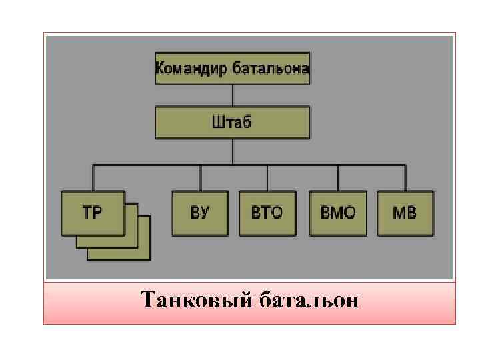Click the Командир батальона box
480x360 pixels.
click(x=232, y=68)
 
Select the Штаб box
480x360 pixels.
click(x=232, y=122)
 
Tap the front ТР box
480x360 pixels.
click(x=93, y=213)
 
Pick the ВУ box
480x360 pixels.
click(x=200, y=213)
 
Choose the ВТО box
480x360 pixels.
click(x=267, y=213)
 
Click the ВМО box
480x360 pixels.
click(x=338, y=213)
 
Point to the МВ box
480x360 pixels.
click(x=405, y=213)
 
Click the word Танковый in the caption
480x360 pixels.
click(x=195, y=301)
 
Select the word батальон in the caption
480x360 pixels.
click(x=307, y=301)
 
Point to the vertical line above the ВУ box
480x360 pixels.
click(x=200, y=177)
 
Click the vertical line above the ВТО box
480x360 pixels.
click(x=267, y=177)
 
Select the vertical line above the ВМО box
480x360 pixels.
click(x=338, y=177)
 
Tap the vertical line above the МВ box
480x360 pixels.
click(x=405, y=177)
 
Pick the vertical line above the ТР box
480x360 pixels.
click(x=93, y=177)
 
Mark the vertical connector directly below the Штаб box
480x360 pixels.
click(x=232, y=151)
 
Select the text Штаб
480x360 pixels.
click(x=231, y=122)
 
